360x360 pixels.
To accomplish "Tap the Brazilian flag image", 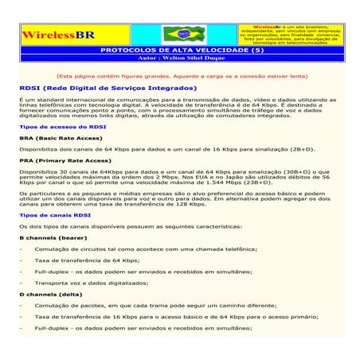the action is (x=182, y=33).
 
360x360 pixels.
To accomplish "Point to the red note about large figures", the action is (x=181, y=76).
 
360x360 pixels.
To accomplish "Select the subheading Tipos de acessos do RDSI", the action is (x=62, y=126).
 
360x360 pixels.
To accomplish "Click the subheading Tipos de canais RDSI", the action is (x=57, y=215).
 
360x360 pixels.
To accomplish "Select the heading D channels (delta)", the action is (x=51, y=294).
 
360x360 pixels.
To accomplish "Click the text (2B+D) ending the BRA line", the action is (x=301, y=149).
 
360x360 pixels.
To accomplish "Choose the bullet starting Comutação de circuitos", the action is (x=139, y=248).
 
